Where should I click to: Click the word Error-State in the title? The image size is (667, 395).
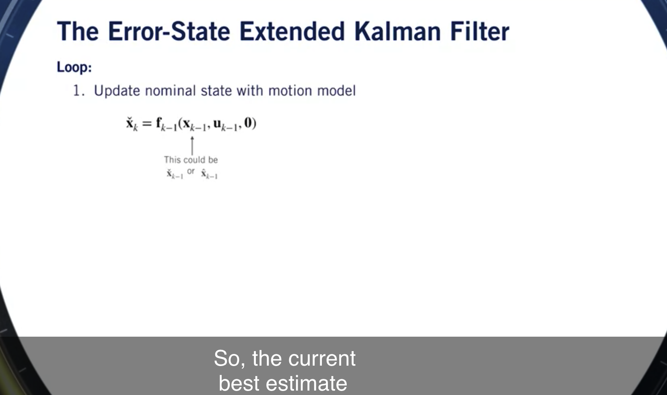click(169, 31)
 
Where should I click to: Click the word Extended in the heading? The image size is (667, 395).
click(292, 31)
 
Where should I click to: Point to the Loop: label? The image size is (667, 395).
click(74, 67)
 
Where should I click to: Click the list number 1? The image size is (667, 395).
click(78, 91)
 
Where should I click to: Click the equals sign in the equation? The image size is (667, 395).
click(147, 123)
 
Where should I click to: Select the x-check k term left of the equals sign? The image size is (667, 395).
click(132, 123)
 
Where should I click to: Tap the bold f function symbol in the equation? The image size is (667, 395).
click(159, 123)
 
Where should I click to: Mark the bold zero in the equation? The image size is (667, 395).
click(249, 123)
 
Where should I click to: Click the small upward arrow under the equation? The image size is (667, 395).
click(192, 145)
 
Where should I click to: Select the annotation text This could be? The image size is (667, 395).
click(191, 160)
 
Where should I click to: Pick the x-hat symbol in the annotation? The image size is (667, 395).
click(209, 174)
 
